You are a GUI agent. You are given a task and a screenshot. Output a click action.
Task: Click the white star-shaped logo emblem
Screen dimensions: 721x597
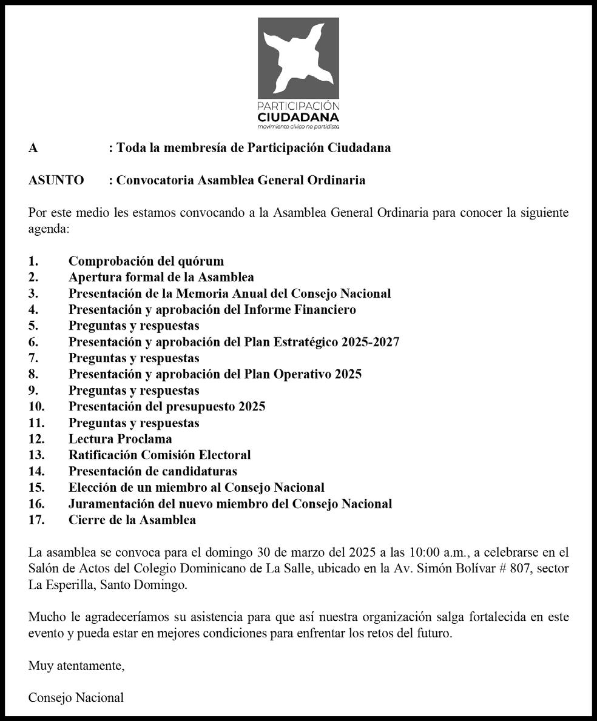298,59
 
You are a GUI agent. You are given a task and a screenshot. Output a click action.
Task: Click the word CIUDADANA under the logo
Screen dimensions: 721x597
298,116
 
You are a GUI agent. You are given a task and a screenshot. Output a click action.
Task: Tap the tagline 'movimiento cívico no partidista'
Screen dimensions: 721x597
298,127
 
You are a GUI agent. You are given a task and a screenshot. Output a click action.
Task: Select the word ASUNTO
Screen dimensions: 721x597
56,180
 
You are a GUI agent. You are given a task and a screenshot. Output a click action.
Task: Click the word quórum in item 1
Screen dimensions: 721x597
201,261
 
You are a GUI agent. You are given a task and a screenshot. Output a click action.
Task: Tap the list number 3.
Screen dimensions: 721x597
33,293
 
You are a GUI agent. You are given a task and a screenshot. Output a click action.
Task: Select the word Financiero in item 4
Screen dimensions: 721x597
325,310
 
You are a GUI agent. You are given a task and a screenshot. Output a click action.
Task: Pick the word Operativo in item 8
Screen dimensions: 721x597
298,374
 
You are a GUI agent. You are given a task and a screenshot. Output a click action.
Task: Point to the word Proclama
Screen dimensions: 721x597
145,438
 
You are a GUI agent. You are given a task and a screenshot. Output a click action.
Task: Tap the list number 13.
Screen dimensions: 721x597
36,455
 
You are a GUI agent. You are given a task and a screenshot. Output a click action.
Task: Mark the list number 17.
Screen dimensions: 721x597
36,520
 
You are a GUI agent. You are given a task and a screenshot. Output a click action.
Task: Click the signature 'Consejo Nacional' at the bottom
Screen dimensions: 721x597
76,697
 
